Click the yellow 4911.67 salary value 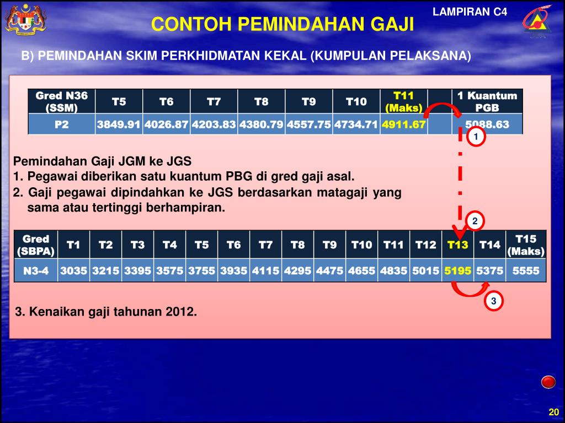(x=403, y=124)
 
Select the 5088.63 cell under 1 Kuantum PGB (x=487, y=124)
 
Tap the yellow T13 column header (x=457, y=245)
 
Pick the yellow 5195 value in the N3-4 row (x=457, y=271)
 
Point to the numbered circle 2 (x=475, y=221)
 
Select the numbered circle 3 (x=494, y=301)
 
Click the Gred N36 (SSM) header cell (x=61, y=101)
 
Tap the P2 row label (x=61, y=124)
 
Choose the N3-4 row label (x=36, y=271)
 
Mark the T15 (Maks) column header (x=525, y=245)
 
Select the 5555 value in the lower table (x=525, y=271)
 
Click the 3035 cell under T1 (x=74, y=271)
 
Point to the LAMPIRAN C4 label (x=470, y=12)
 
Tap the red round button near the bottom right (x=548, y=382)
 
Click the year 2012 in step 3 (x=182, y=312)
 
